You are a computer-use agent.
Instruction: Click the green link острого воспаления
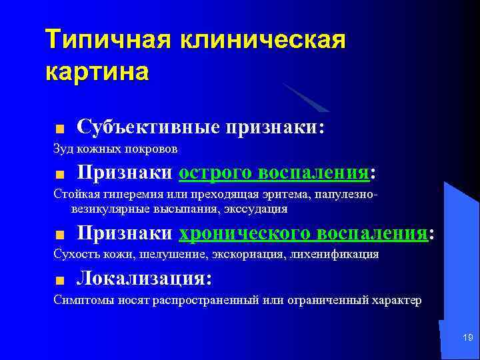[x=273, y=173]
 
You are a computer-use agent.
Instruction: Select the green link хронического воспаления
[x=303, y=233]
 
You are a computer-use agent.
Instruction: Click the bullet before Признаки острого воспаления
[x=59, y=175]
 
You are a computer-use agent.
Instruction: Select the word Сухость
[x=74, y=254]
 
